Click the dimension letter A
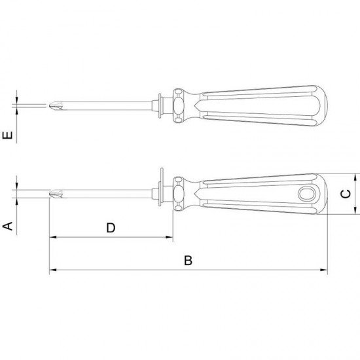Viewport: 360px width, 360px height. tap(8, 226)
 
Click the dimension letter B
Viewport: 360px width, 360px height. tap(188, 261)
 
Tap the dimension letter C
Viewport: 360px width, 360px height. tap(346, 194)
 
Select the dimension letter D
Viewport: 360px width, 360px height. tap(111, 228)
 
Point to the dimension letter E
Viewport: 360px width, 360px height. tap(8, 135)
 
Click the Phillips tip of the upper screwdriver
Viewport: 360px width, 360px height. tap(56, 106)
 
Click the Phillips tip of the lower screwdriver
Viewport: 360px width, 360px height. tap(56, 194)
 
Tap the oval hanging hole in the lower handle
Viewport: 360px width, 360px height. tap(307, 194)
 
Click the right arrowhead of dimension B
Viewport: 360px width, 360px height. tap(324, 270)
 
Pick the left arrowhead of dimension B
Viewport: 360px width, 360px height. tap(53, 270)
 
